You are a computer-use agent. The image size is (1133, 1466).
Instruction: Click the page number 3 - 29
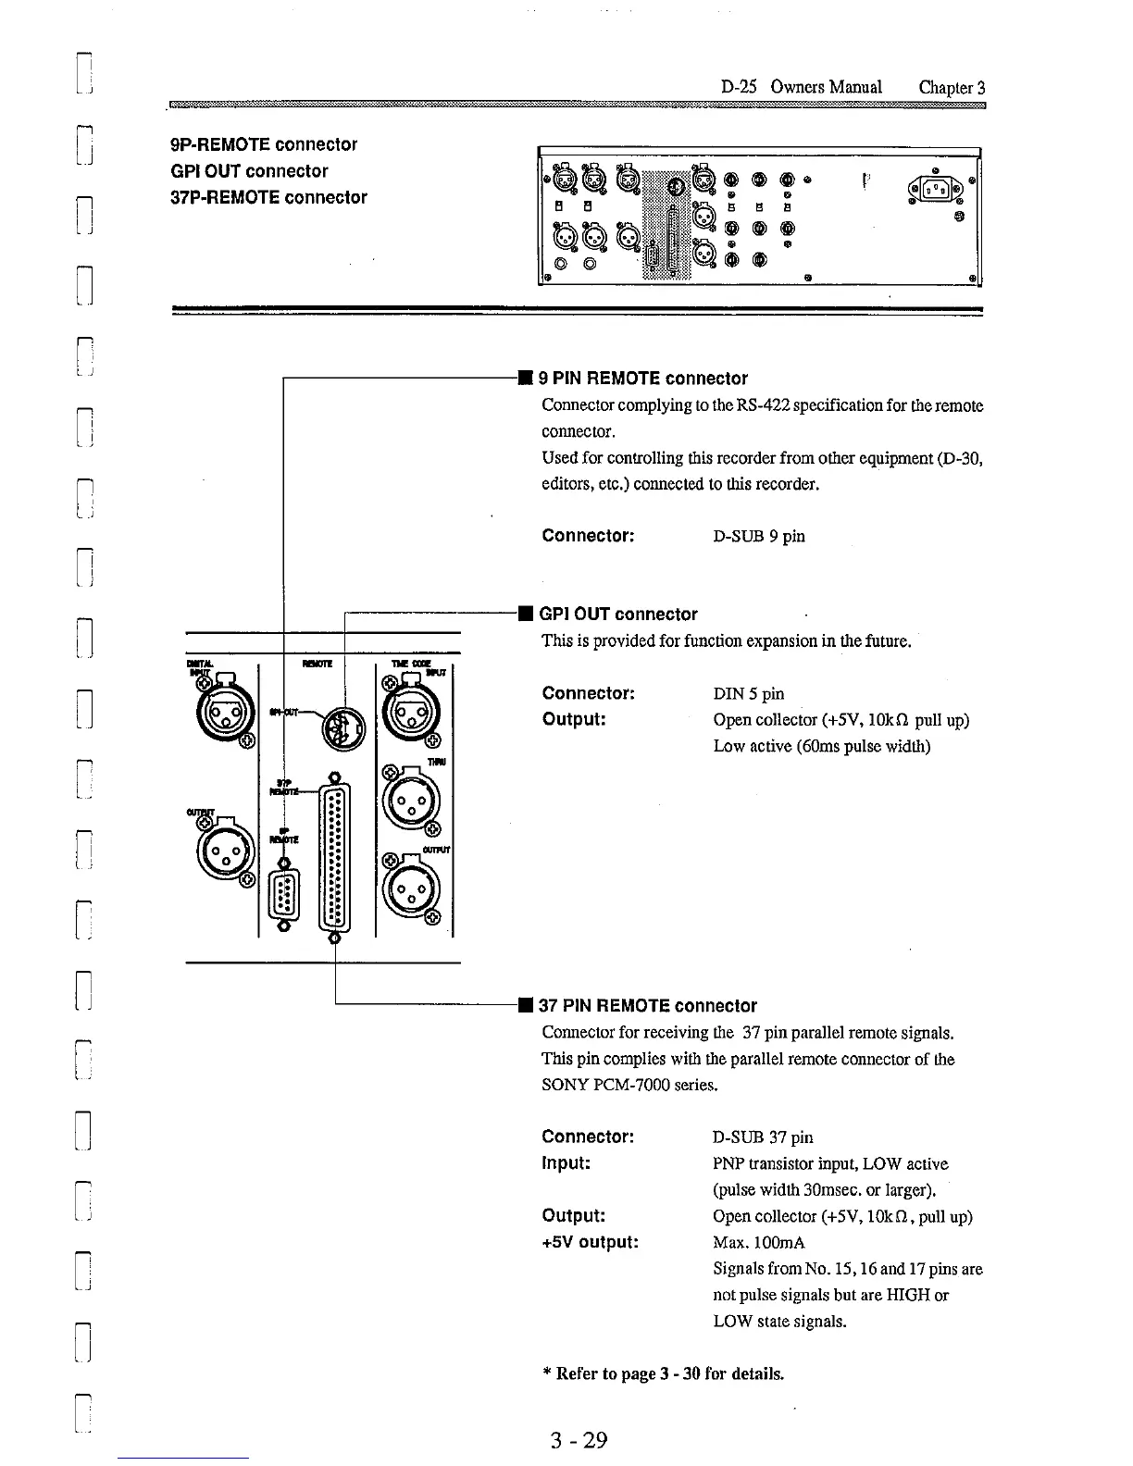(x=578, y=1440)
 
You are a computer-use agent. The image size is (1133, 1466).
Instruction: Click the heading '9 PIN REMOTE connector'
(x=642, y=379)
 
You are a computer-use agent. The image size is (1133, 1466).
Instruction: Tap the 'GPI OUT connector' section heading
(x=617, y=615)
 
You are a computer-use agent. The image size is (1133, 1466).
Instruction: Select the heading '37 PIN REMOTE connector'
(x=647, y=1006)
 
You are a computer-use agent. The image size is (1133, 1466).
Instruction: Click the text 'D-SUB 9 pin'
(x=759, y=537)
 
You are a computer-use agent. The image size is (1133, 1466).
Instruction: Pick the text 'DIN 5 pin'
(x=749, y=694)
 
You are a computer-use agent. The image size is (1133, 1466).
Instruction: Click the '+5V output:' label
(x=590, y=1242)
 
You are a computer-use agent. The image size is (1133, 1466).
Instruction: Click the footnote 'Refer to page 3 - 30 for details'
(x=668, y=1373)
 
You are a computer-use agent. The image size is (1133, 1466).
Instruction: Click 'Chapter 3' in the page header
(x=952, y=87)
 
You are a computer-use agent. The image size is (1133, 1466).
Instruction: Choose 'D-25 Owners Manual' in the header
(x=801, y=87)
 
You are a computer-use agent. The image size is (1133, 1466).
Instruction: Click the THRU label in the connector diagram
(x=437, y=762)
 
